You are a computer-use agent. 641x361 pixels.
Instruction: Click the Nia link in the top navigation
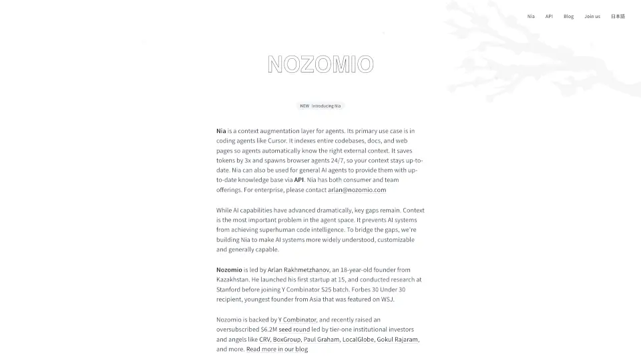point(531,16)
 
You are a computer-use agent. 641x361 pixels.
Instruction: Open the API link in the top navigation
point(549,16)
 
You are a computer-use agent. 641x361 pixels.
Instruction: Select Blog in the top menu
point(568,16)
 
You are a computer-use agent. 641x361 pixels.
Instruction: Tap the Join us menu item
point(592,16)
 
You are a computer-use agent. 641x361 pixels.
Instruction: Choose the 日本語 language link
point(618,16)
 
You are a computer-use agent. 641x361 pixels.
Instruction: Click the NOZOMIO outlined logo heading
point(320,64)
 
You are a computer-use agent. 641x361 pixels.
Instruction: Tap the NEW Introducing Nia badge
point(320,106)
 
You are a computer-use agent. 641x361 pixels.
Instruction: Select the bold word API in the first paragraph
point(298,180)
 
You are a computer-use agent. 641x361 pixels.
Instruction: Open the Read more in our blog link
point(277,349)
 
